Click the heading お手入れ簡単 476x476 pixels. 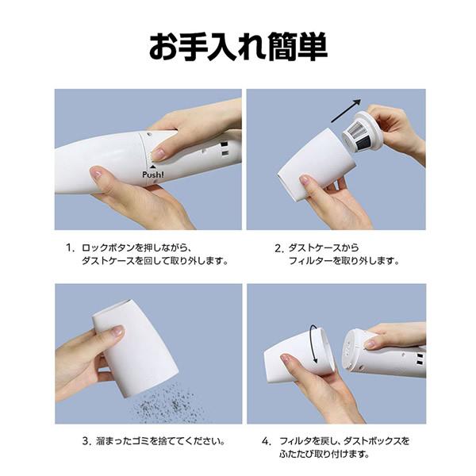tap(238, 47)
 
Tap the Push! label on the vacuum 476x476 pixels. tap(154, 174)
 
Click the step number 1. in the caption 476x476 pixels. tap(70, 248)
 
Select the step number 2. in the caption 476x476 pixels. tap(279, 248)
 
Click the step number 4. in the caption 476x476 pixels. tap(267, 441)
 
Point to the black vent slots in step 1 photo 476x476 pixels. tap(225, 148)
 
